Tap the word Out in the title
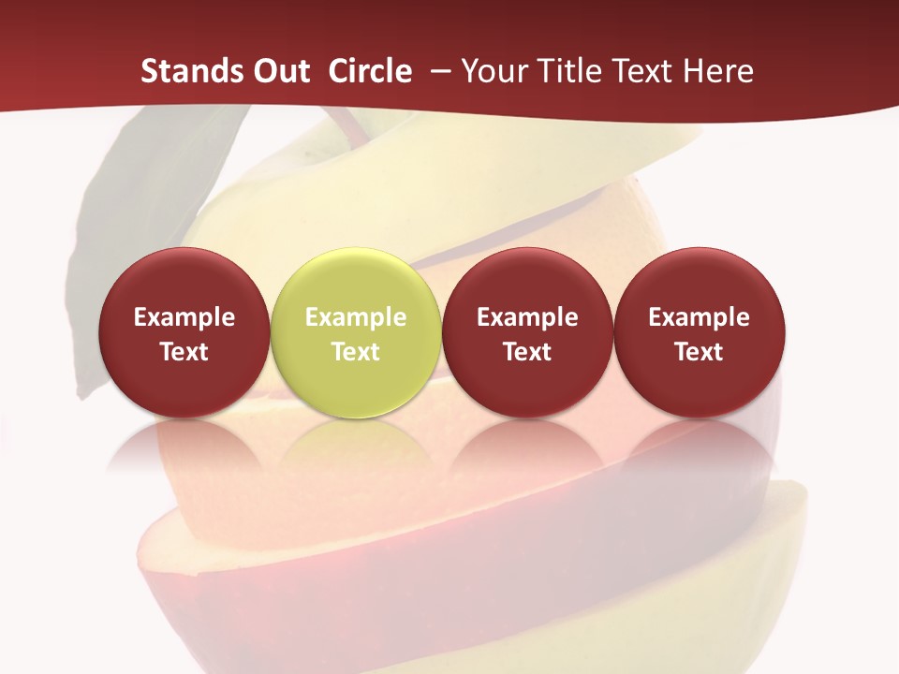pos(279,71)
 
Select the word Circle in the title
pos(370,71)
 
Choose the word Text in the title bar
pos(650,71)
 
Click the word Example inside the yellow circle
pos(355,317)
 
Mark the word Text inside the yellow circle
pos(355,352)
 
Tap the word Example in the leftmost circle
pos(184,317)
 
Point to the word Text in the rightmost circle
pos(699,352)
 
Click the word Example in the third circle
pos(527,317)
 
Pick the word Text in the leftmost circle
pos(184,352)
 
